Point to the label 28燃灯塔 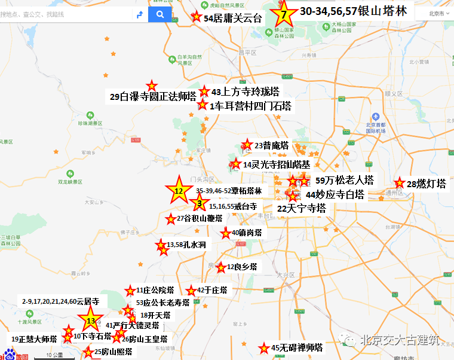click(x=426, y=184)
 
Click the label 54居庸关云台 click(x=233, y=19)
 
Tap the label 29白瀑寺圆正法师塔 click(x=154, y=96)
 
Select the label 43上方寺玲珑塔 click(x=245, y=92)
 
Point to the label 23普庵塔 click(x=271, y=145)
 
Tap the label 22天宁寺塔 click(x=302, y=208)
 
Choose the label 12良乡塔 click(x=242, y=267)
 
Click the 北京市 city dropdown click(x=437, y=13)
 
